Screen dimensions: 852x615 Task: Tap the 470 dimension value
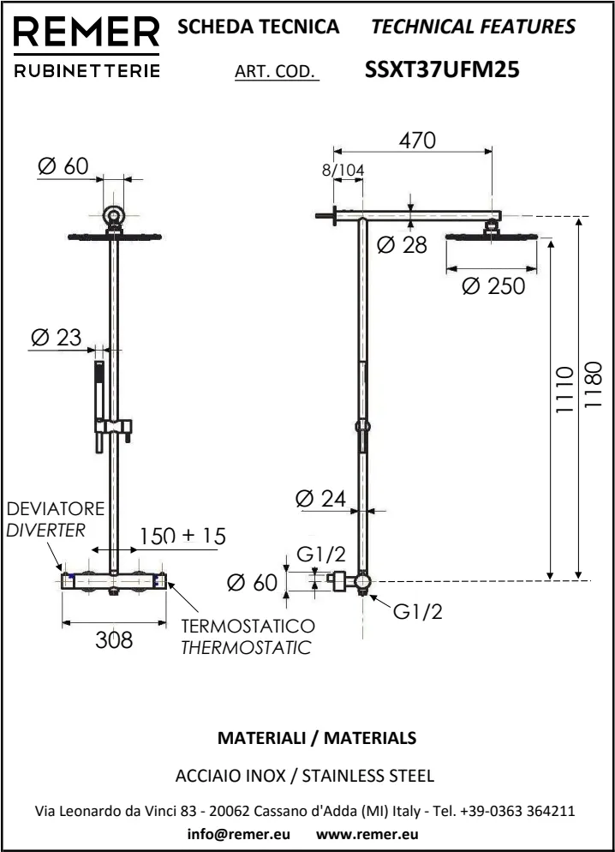pos(417,140)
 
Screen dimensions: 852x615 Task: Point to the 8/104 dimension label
pos(343,170)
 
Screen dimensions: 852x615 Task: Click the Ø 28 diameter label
pos(402,246)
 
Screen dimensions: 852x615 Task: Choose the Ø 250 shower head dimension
pos(493,286)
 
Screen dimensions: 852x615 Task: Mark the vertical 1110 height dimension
pos(563,391)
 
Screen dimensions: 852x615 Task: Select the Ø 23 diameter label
pos(56,337)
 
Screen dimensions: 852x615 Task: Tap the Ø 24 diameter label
pos(320,497)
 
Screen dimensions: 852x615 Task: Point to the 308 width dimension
pos(114,639)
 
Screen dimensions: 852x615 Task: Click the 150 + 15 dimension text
pos(182,536)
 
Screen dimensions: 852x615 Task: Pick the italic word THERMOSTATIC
pos(246,647)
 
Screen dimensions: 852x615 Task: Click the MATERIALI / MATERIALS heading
pos(317,737)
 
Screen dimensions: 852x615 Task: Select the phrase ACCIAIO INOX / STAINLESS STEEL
pos(304,777)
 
